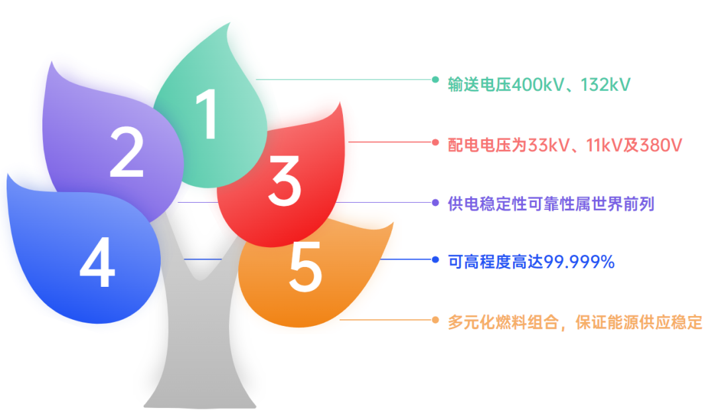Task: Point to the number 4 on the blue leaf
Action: pyautogui.click(x=97, y=264)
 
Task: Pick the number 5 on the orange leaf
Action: pyautogui.click(x=306, y=268)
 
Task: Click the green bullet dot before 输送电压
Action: pyautogui.click(x=435, y=79)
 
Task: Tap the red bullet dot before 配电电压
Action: pyautogui.click(x=435, y=142)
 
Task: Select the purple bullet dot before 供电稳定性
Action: pyautogui.click(x=435, y=202)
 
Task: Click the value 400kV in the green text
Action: pyautogui.click(x=536, y=85)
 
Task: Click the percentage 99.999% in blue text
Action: pyautogui.click(x=579, y=262)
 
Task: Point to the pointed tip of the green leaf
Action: pyautogui.click(x=229, y=25)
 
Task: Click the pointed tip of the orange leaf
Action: pyautogui.click(x=392, y=224)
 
